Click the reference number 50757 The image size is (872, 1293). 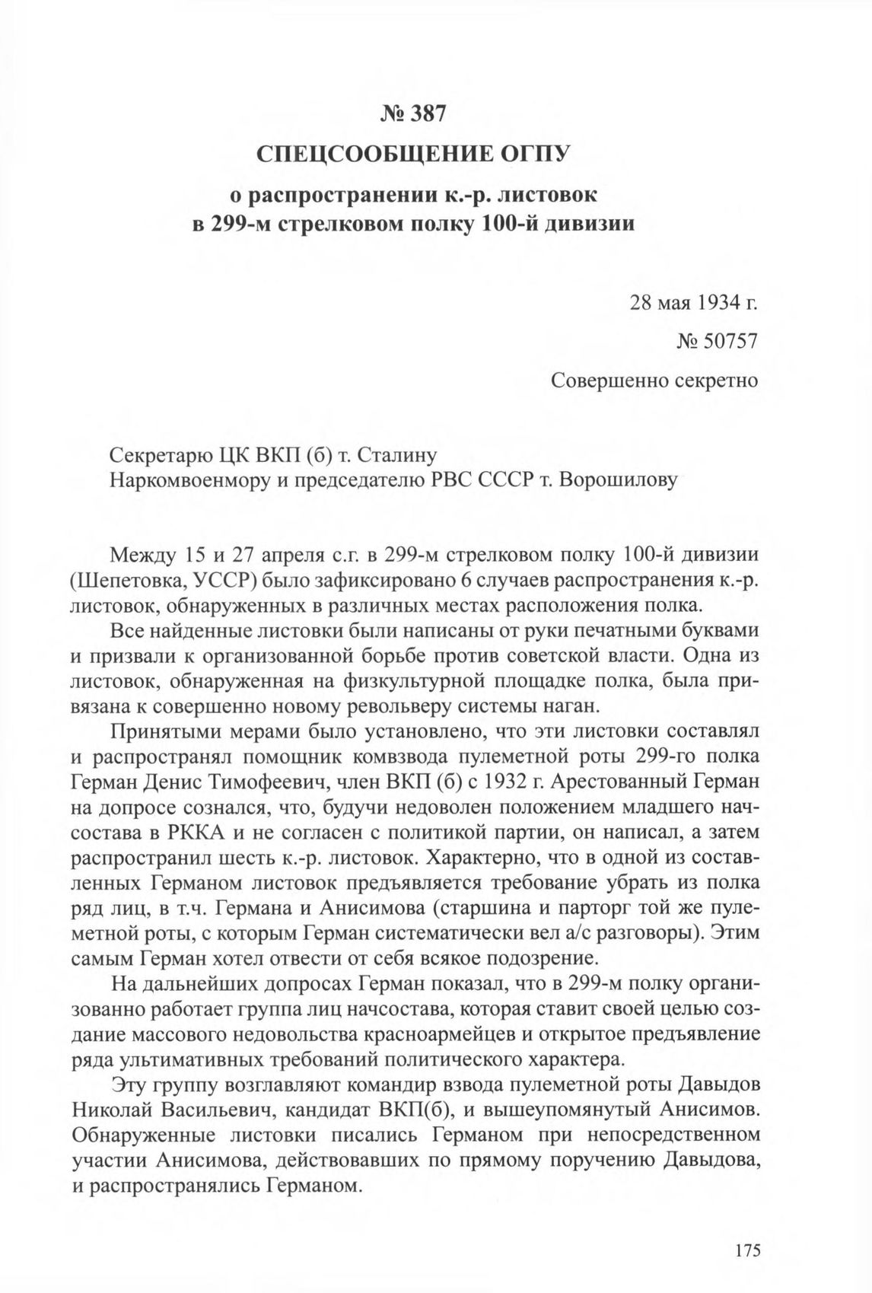722,341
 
